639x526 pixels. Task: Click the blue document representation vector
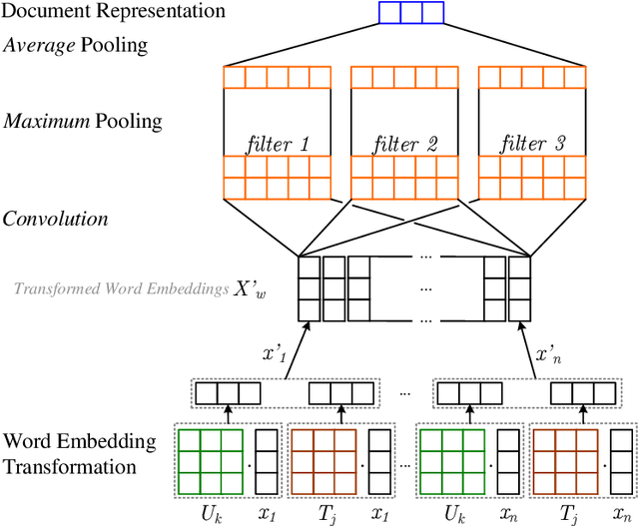(410, 13)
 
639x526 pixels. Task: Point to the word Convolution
(56, 218)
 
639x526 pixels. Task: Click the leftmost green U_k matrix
(209, 458)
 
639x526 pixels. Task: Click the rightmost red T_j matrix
(563, 458)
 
